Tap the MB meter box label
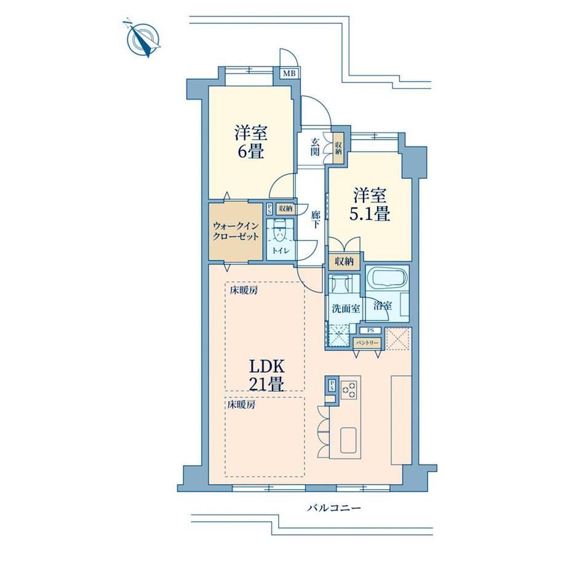pyautogui.click(x=289, y=74)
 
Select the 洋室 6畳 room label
pyautogui.click(x=250, y=141)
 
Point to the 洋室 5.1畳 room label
pyautogui.click(x=369, y=205)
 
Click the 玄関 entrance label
pyautogui.click(x=315, y=146)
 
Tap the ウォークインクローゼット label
pyautogui.click(x=236, y=231)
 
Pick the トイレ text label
pyautogui.click(x=279, y=250)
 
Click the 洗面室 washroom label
pyautogui.click(x=346, y=309)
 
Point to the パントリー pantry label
pyautogui.click(x=367, y=342)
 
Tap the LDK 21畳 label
pyautogui.click(x=266, y=375)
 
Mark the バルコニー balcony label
pyautogui.click(x=334, y=508)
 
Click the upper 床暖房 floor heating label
pyautogui.click(x=244, y=290)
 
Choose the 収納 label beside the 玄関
pyautogui.click(x=338, y=147)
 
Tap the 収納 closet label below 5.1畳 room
pyautogui.click(x=344, y=261)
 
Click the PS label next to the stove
pyautogui.click(x=331, y=386)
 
